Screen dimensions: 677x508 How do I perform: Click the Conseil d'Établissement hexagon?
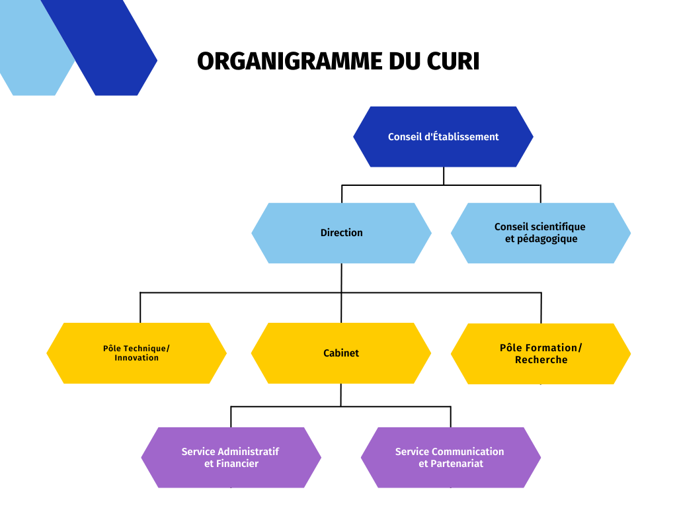[443, 136]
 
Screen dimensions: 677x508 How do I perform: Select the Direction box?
[341, 233]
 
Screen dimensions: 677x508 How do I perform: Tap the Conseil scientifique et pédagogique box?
[541, 233]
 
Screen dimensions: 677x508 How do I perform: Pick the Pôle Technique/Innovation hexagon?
[136, 353]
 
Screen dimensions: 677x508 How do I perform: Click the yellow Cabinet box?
[341, 353]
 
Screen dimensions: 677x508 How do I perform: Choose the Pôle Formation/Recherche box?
[541, 354]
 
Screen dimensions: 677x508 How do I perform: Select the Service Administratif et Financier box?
[231, 458]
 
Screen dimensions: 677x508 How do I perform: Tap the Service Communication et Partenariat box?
[451, 458]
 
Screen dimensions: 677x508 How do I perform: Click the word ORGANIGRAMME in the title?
[290, 61]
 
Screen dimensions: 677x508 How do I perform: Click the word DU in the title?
[405, 61]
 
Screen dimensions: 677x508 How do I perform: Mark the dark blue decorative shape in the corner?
[99, 48]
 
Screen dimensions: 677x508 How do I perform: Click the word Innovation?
[136, 358]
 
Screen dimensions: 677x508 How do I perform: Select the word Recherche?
[541, 359]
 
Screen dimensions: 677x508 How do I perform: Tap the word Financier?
[237, 464]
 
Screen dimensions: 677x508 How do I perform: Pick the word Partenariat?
[457, 464]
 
